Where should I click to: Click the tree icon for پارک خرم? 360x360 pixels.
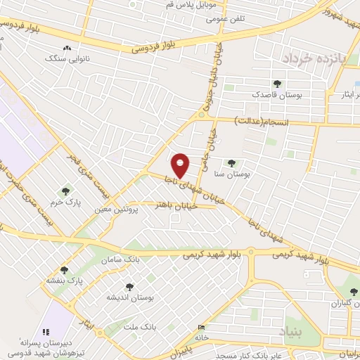pyautogui.click(x=65, y=191)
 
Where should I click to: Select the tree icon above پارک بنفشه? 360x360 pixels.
pyautogui.click(x=65, y=269)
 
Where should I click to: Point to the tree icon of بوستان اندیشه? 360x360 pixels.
pyautogui.click(x=129, y=286)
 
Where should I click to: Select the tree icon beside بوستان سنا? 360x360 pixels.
pyautogui.click(x=231, y=163)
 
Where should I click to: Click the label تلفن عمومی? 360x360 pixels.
pyautogui.click(x=225, y=19)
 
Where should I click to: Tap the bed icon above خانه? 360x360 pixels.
pyautogui.click(x=202, y=327)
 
